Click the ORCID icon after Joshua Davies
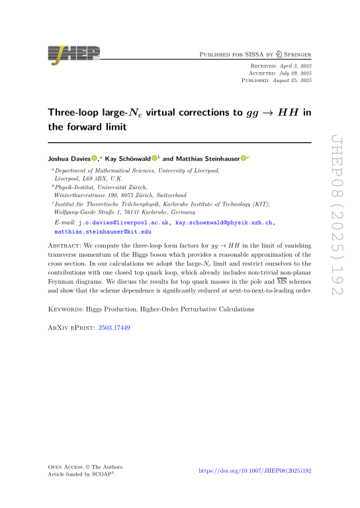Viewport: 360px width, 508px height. pos(95,158)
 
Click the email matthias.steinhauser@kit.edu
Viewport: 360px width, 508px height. pos(103,232)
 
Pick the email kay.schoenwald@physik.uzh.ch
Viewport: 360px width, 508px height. pos(222,223)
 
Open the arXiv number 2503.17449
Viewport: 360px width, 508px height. pos(114,327)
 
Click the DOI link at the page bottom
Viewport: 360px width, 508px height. pos(255,470)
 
